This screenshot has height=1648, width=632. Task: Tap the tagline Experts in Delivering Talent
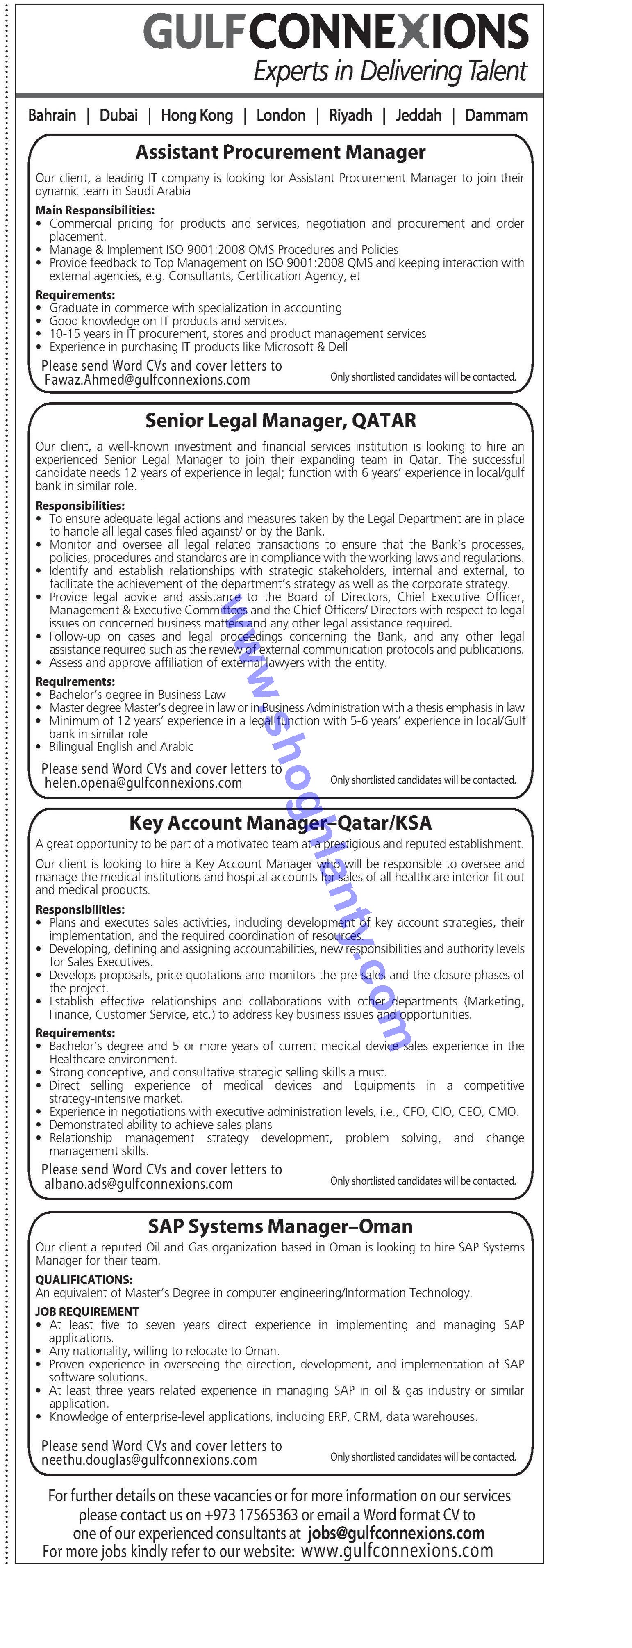point(390,71)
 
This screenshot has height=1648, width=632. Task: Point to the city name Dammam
point(496,116)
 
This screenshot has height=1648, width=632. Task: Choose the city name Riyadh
point(350,116)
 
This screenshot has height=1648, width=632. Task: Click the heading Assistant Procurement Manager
point(280,152)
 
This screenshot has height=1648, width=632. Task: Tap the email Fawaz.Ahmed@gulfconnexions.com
point(147,380)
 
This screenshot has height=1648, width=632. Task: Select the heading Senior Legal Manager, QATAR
point(280,421)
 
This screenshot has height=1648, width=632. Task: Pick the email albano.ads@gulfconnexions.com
point(138,1184)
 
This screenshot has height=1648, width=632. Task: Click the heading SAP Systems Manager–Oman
point(280,1226)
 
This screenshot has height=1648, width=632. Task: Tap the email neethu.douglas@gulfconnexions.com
point(149,1460)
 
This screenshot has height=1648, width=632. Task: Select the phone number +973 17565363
point(251,1515)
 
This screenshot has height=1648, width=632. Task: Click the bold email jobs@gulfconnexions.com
point(396,1534)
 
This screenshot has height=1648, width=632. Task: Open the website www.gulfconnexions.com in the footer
point(397,1551)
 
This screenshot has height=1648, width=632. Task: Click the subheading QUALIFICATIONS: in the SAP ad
point(84,1279)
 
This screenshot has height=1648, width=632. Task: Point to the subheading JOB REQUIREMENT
point(87,1311)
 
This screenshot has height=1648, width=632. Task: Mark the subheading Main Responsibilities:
point(95,210)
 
